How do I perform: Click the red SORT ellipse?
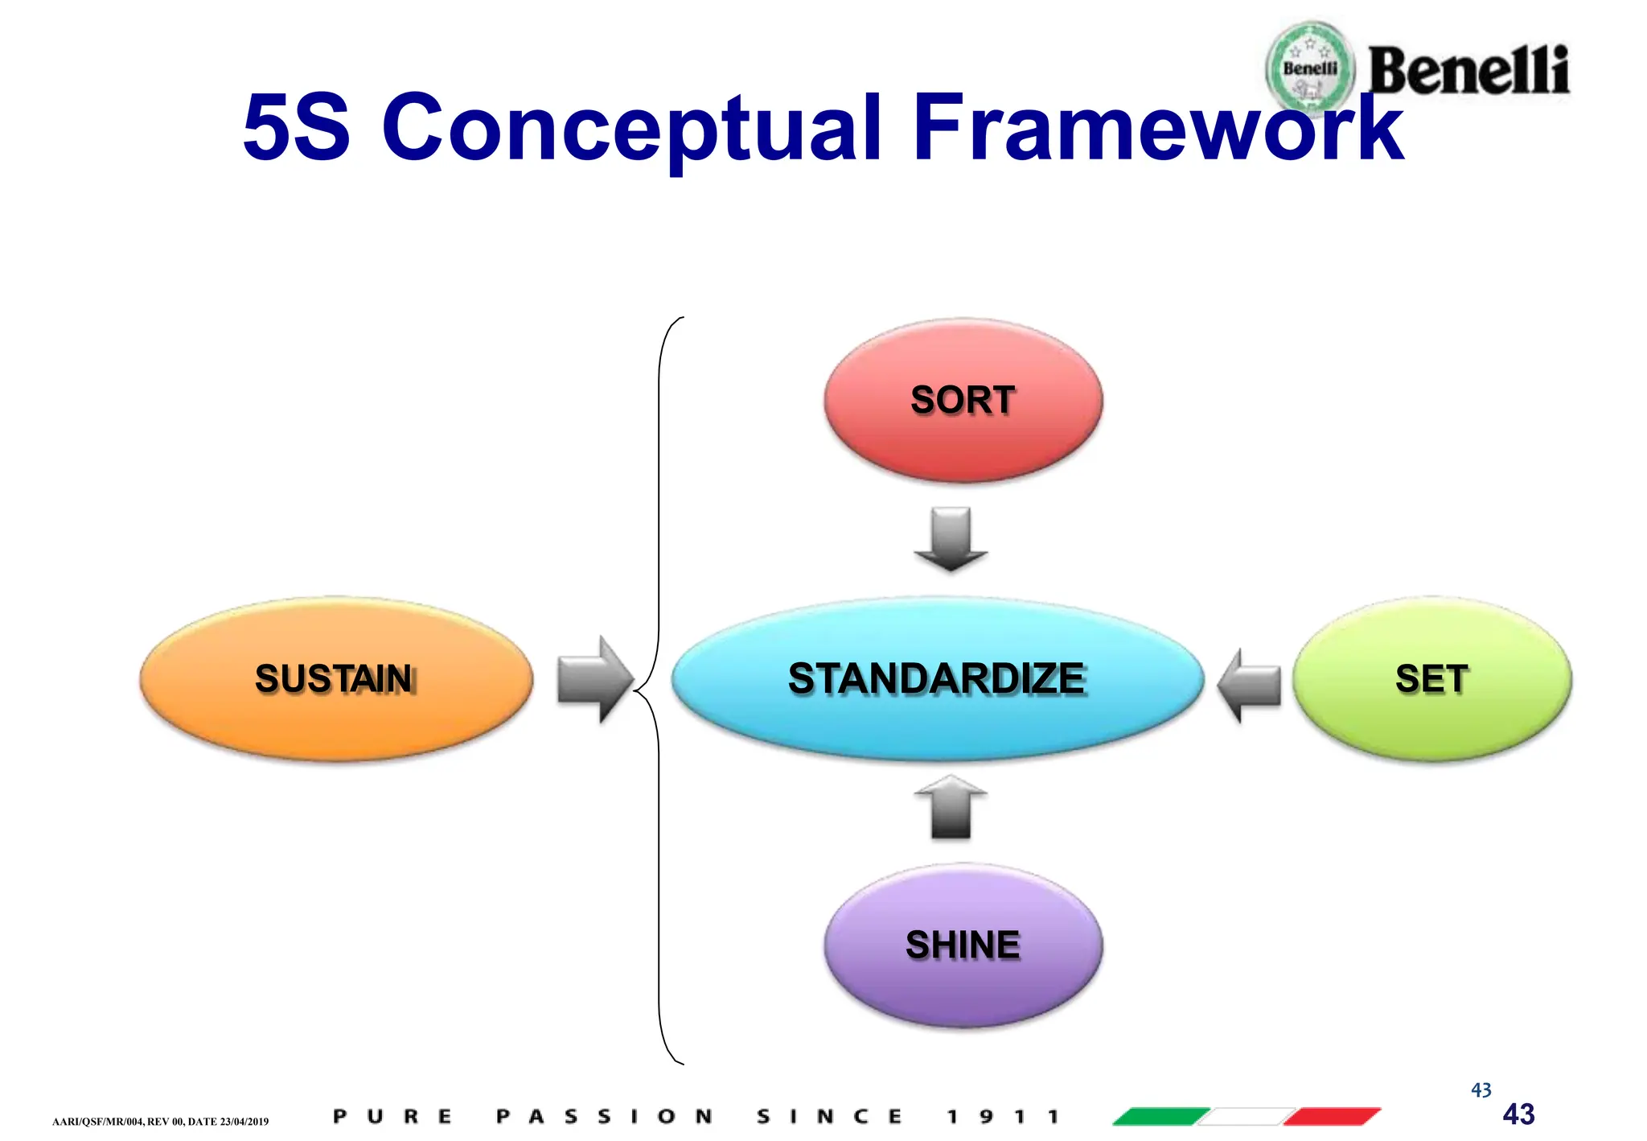963,401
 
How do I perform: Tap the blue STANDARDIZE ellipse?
937,678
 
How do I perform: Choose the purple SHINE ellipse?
963,945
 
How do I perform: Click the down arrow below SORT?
951,539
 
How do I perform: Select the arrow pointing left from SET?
1249,685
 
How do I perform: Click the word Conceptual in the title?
631,129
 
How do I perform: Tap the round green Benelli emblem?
1310,68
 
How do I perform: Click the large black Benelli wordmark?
1468,71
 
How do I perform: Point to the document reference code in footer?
160,1121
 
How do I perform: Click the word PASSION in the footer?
604,1116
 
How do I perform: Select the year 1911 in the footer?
1002,1116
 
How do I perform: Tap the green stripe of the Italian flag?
1161,1116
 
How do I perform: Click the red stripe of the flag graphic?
1332,1116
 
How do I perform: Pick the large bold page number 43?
1518,1114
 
